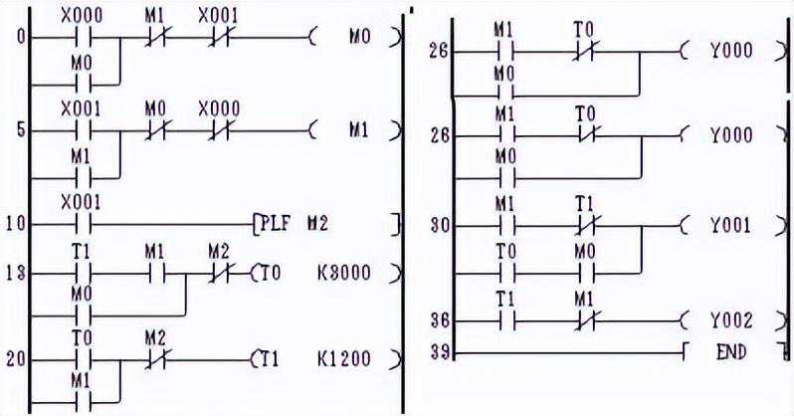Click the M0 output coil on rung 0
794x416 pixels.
pyautogui.click(x=359, y=39)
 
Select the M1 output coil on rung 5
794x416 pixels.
pyautogui.click(x=359, y=130)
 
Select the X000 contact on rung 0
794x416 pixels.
pyautogui.click(x=82, y=39)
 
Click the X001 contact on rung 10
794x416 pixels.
pyautogui.click(x=82, y=224)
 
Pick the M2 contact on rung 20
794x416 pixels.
pyautogui.click(x=154, y=357)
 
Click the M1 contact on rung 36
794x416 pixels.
pyautogui.click(x=585, y=320)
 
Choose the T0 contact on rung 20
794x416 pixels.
pyautogui.click(x=82, y=357)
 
